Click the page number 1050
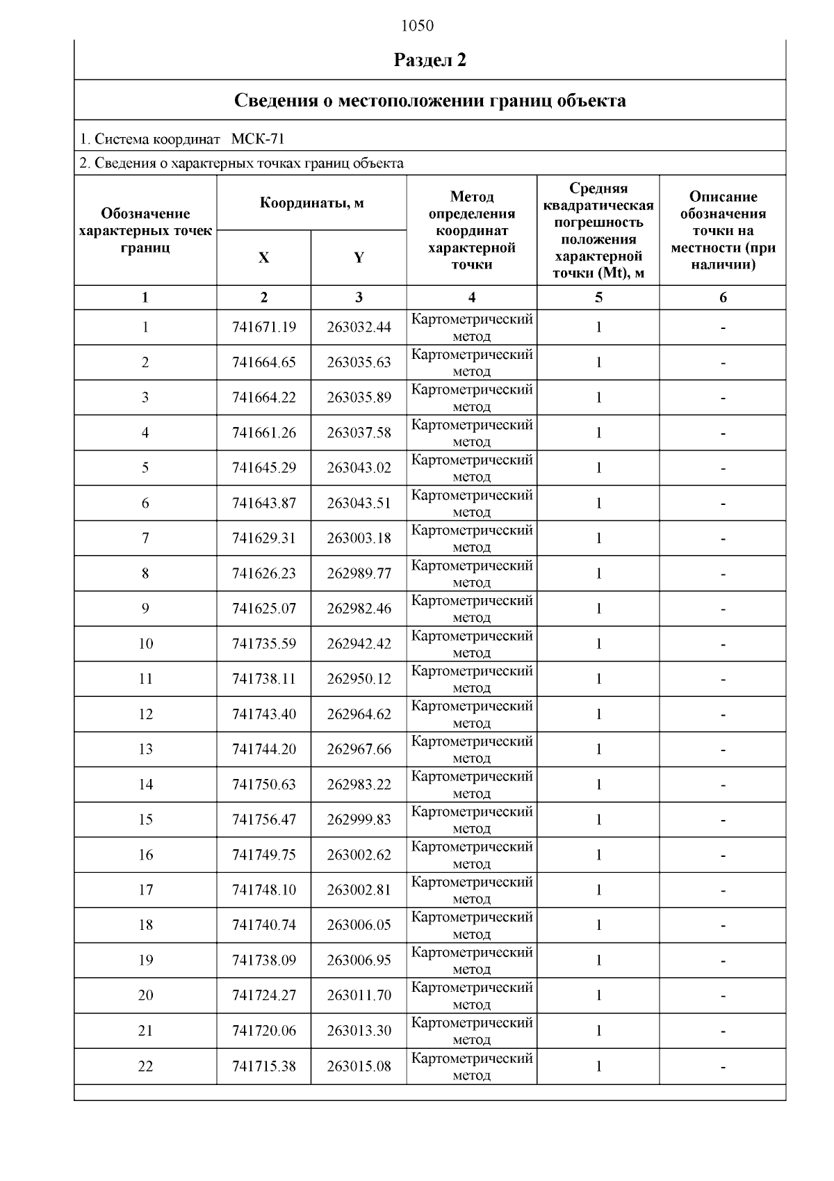[417, 26]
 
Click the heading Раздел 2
[430, 60]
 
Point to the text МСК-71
[257, 139]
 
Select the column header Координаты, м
[311, 203]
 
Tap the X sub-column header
[263, 258]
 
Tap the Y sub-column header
[359, 258]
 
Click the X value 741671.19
[264, 327]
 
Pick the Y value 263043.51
[359, 503]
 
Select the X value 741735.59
[264, 644]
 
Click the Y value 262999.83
[359, 820]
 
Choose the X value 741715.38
[264, 1066]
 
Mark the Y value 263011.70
[359, 996]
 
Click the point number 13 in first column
[145, 750]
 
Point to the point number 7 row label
[145, 538]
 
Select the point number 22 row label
[145, 1066]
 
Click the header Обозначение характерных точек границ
[145, 230]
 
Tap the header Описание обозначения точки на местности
[723, 230]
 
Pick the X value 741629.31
[264, 538]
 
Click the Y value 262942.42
[359, 644]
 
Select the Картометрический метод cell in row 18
[472, 925]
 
